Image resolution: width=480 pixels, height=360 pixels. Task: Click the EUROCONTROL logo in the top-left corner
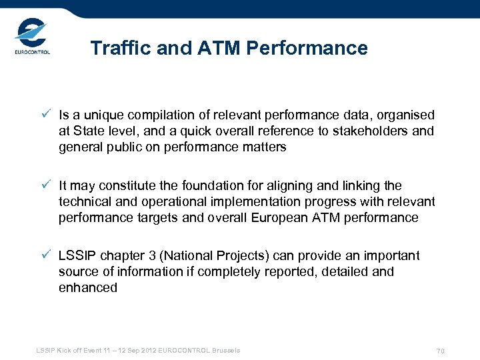click(x=32, y=38)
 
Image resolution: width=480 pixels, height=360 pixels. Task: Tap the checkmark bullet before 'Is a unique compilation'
click(x=45, y=115)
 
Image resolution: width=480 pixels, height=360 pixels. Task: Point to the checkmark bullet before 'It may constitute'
click(x=45, y=185)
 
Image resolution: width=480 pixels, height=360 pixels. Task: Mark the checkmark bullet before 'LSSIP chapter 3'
click(x=45, y=255)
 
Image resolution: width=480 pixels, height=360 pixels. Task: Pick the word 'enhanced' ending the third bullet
click(x=88, y=288)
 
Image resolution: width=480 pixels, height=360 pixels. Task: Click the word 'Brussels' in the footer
click(x=225, y=351)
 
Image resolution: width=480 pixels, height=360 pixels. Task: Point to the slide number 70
click(x=440, y=351)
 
